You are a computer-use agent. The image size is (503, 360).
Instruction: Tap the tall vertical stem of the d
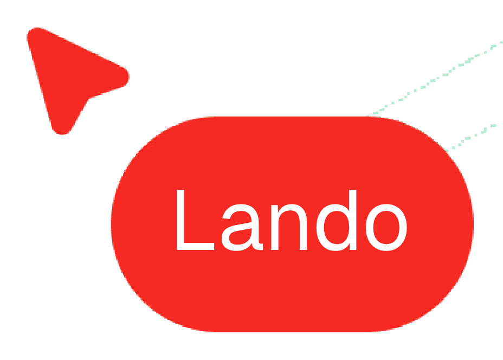point(353,220)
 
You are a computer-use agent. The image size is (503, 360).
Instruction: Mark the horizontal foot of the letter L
point(195,247)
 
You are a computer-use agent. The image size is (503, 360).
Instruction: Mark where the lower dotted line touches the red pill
point(446,149)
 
